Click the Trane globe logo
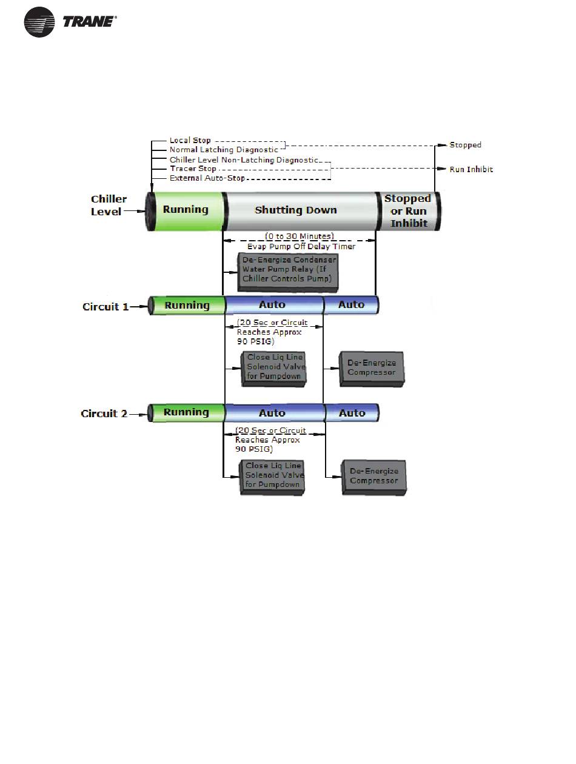click(39, 22)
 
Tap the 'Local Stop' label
click(190, 140)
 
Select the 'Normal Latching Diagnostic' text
click(224, 150)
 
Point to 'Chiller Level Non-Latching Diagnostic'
click(244, 159)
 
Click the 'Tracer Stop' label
click(193, 169)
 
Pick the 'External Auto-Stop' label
click(207, 178)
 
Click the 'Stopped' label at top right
click(465, 145)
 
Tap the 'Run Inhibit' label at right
click(471, 170)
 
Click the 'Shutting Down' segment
click(301, 211)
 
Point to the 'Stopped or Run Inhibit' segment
click(408, 211)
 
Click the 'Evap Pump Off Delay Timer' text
click(301, 246)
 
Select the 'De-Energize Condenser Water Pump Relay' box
click(287, 272)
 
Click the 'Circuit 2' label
click(104, 414)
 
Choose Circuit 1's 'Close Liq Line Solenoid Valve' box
click(273, 369)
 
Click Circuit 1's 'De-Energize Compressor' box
click(372, 369)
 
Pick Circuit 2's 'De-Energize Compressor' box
click(374, 477)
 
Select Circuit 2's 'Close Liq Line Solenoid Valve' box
click(272, 477)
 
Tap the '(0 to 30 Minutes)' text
click(300, 236)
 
